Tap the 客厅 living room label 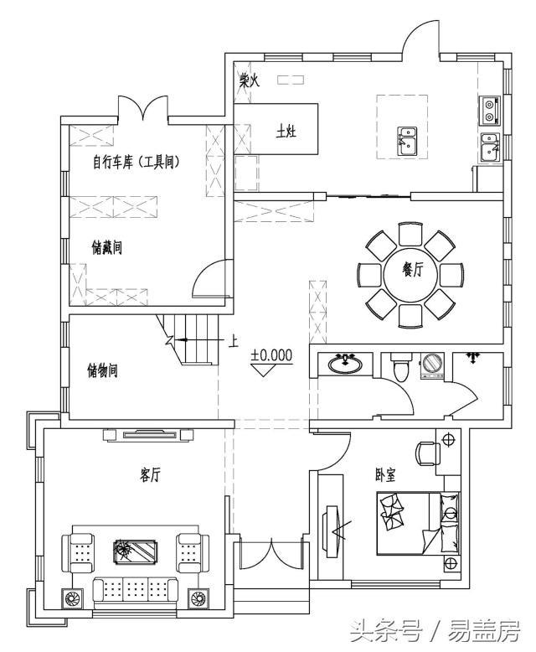click(150, 475)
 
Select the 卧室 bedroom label click(385, 474)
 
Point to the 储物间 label click(102, 370)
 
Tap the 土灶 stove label click(286, 132)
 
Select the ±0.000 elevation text click(271, 354)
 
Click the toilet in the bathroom click(399, 366)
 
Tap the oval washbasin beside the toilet click(345, 364)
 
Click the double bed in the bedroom click(410, 523)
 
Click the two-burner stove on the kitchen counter click(489, 109)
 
